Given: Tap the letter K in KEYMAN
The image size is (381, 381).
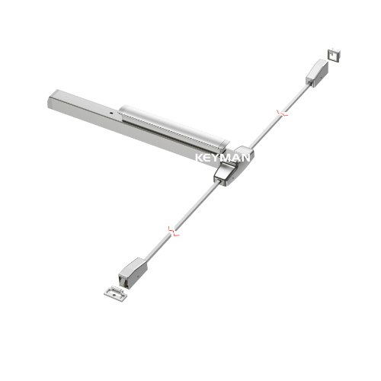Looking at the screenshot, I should (199, 158).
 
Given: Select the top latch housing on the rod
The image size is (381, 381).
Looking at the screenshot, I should (316, 72).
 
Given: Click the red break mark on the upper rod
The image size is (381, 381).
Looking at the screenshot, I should (283, 113).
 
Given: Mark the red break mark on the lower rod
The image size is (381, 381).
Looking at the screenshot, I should (174, 229).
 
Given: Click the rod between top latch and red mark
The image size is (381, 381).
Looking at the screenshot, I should (297, 96).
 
